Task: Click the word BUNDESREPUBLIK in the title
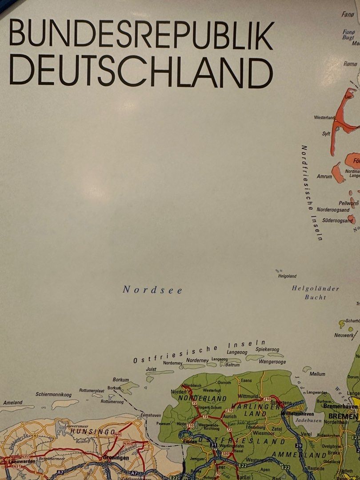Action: pos(141,35)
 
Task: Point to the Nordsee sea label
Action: pos(152,290)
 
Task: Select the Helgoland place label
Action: pos(287,276)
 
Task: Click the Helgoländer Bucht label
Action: pos(315,292)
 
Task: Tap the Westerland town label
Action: pos(324,118)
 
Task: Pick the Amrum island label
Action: pos(324,176)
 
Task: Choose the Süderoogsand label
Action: pos(331,220)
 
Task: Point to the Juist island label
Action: pos(151,369)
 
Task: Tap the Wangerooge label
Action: pos(272,362)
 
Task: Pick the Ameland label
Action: pos(12,402)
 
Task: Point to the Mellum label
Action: pos(317,374)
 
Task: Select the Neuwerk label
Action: pos(344,335)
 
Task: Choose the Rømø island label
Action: pos(350,64)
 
